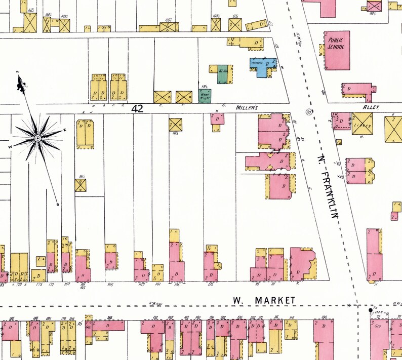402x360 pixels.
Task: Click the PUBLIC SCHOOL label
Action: tap(336, 44)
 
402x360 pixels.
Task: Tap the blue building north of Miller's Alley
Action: tap(261, 66)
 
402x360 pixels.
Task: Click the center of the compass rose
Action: tap(37, 138)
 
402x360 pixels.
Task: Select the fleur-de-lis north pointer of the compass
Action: tap(21, 84)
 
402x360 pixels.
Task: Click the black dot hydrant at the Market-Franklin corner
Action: tap(370, 309)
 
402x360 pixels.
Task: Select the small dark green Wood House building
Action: tap(205, 95)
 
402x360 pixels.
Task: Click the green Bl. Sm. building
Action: tap(223, 74)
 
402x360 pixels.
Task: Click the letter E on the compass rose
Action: tap(64, 131)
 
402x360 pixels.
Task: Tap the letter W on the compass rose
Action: tap(10, 146)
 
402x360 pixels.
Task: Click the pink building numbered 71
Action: tap(375, 258)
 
